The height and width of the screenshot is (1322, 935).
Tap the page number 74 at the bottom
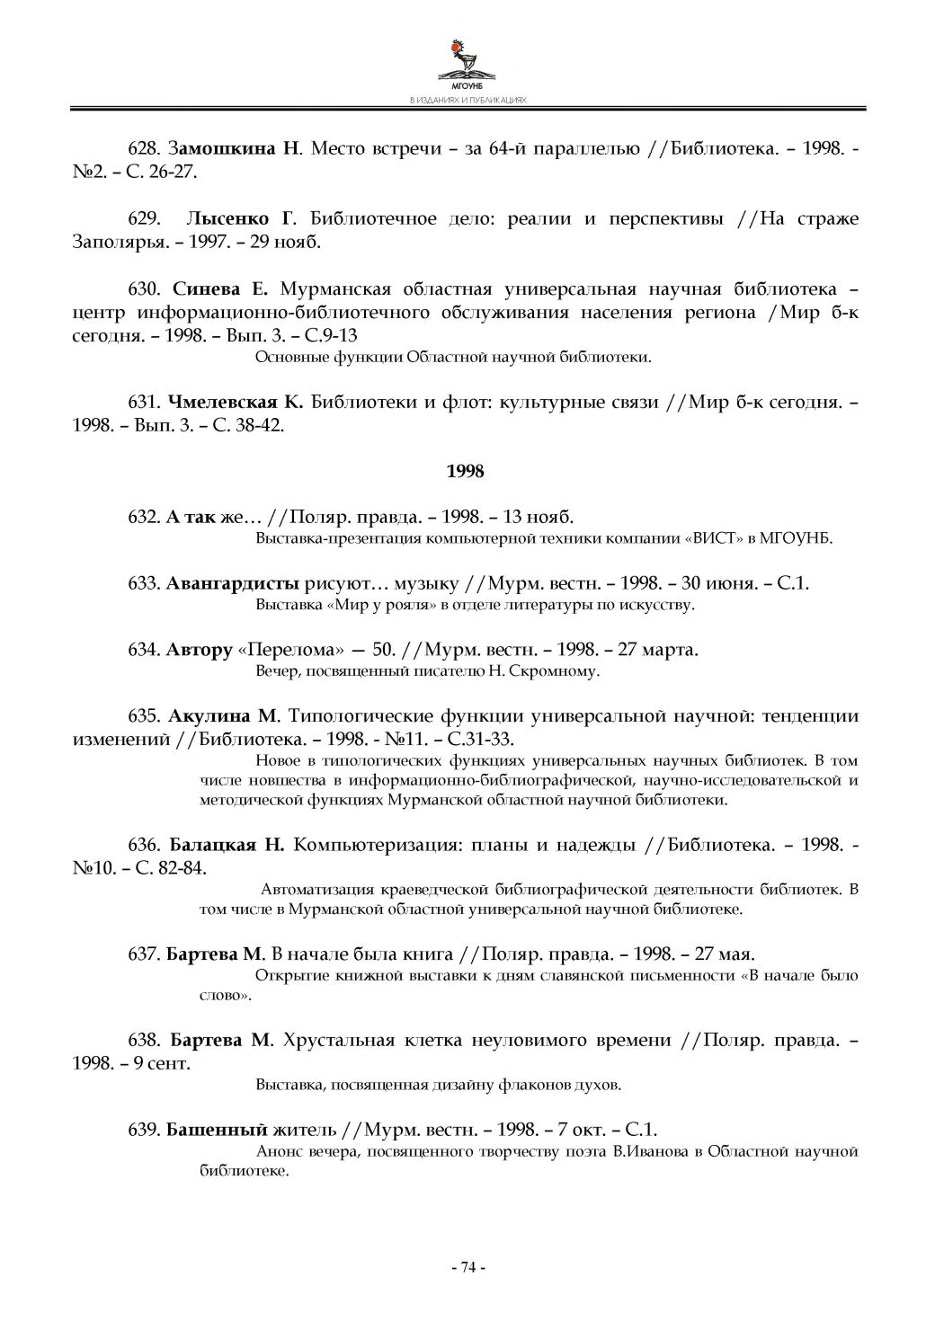click(x=467, y=1267)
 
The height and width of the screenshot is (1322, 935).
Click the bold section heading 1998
click(x=465, y=471)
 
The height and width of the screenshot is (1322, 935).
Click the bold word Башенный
click(x=217, y=1130)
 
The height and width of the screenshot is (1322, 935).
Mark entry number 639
click(x=145, y=1130)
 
